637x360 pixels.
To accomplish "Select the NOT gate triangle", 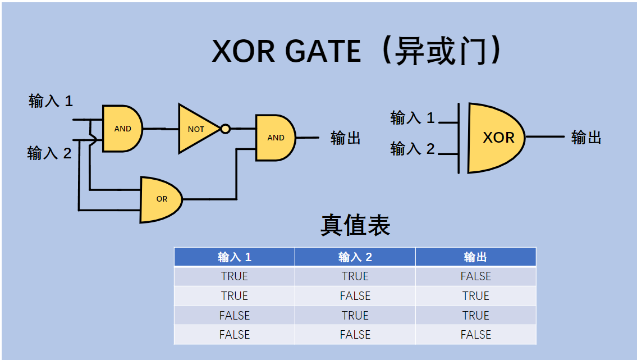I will click(196, 129).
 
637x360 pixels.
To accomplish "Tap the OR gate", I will click(160, 199).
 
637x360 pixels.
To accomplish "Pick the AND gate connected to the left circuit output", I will click(274, 138).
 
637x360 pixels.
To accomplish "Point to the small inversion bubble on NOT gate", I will click(225, 129).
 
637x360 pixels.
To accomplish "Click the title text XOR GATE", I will click(286, 52).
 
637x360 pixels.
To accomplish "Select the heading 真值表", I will click(355, 225).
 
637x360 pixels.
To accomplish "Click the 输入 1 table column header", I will click(235, 257).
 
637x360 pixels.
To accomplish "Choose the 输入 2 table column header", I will click(355, 257).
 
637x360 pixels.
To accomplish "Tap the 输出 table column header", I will click(475, 257).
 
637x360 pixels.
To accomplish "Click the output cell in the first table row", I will click(475, 276).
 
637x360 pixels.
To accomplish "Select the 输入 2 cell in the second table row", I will click(355, 296).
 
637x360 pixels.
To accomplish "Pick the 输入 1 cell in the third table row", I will click(235, 316).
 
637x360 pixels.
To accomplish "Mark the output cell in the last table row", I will click(475, 335).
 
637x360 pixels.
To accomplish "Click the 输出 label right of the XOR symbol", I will click(586, 138).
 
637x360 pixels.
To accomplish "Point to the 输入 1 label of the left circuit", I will click(51, 102).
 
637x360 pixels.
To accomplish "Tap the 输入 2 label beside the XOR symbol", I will click(413, 149).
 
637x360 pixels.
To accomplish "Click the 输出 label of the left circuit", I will click(345, 138).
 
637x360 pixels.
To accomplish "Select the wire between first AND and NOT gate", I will click(161, 129).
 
